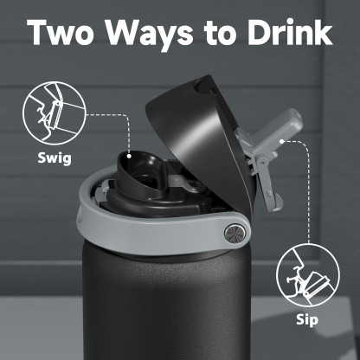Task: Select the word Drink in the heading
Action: pyautogui.click(x=286, y=32)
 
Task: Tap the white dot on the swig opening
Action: pyautogui.click(x=129, y=157)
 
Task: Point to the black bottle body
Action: pyautogui.click(x=164, y=303)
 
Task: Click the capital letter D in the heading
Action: pyautogui.click(x=256, y=32)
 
